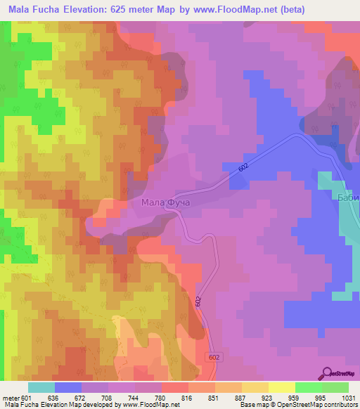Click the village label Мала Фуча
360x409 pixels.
[166, 204]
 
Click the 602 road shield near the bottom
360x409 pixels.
[214, 358]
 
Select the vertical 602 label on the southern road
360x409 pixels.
[199, 300]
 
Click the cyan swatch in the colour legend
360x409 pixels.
[41, 387]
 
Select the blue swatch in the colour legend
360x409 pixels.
[68, 387]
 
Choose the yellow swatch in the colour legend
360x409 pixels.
[281, 387]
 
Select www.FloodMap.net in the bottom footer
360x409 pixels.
[149, 405]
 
